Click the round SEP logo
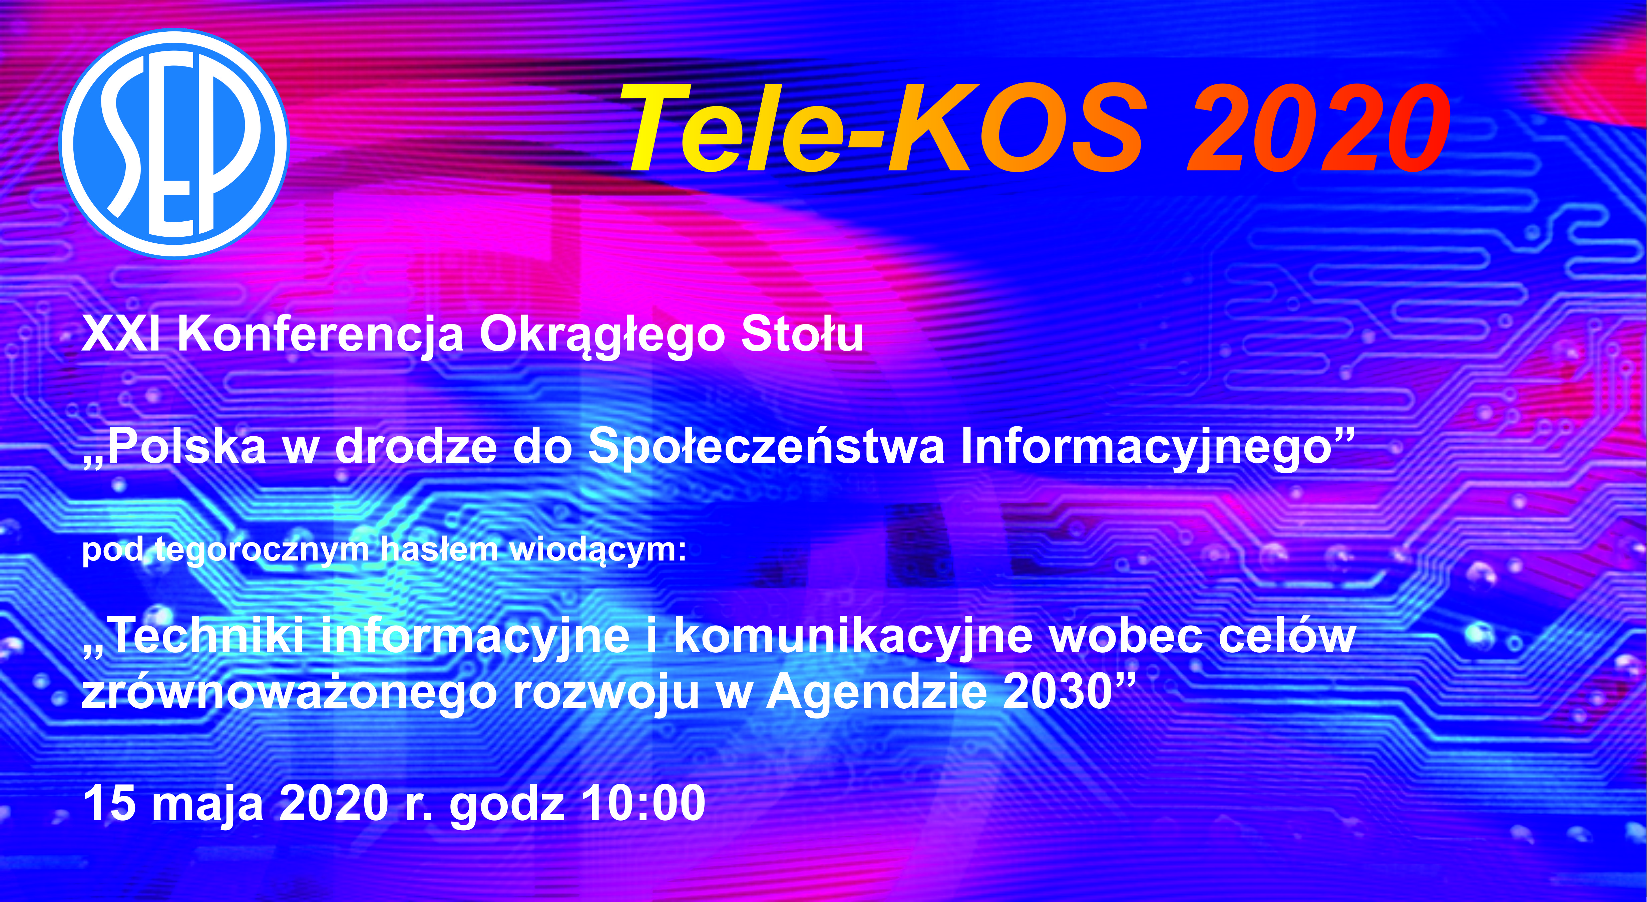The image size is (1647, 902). (x=174, y=143)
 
